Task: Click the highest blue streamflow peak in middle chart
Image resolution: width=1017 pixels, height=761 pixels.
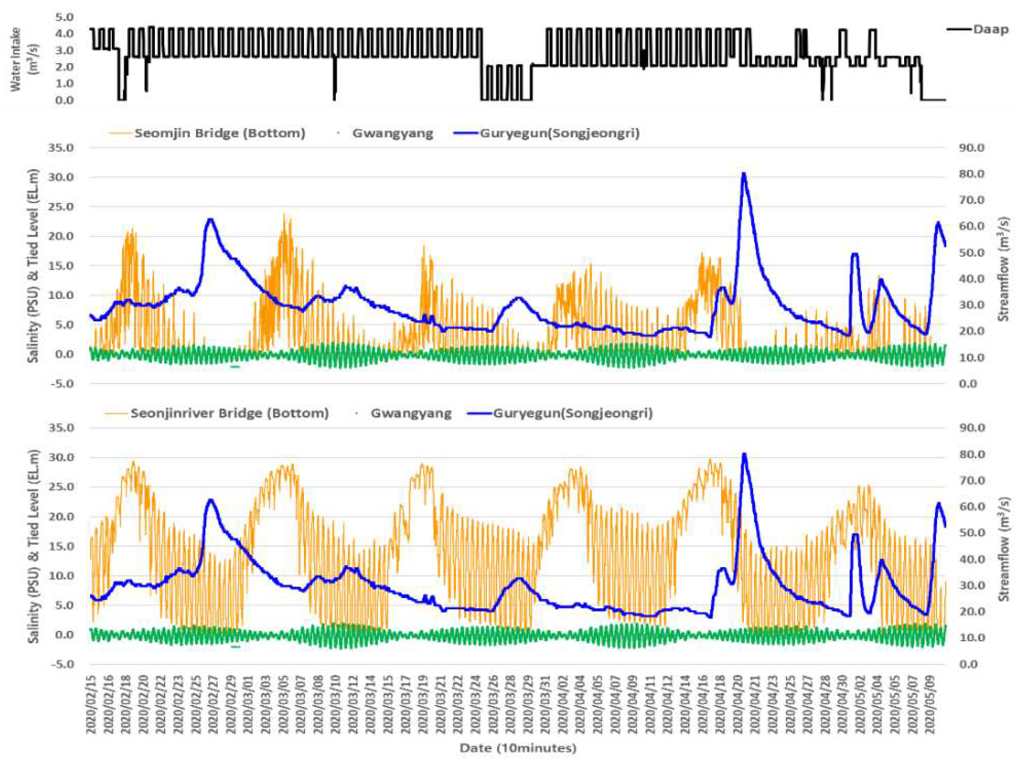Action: (743, 174)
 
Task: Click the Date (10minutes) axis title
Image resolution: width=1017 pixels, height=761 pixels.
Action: (518, 748)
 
